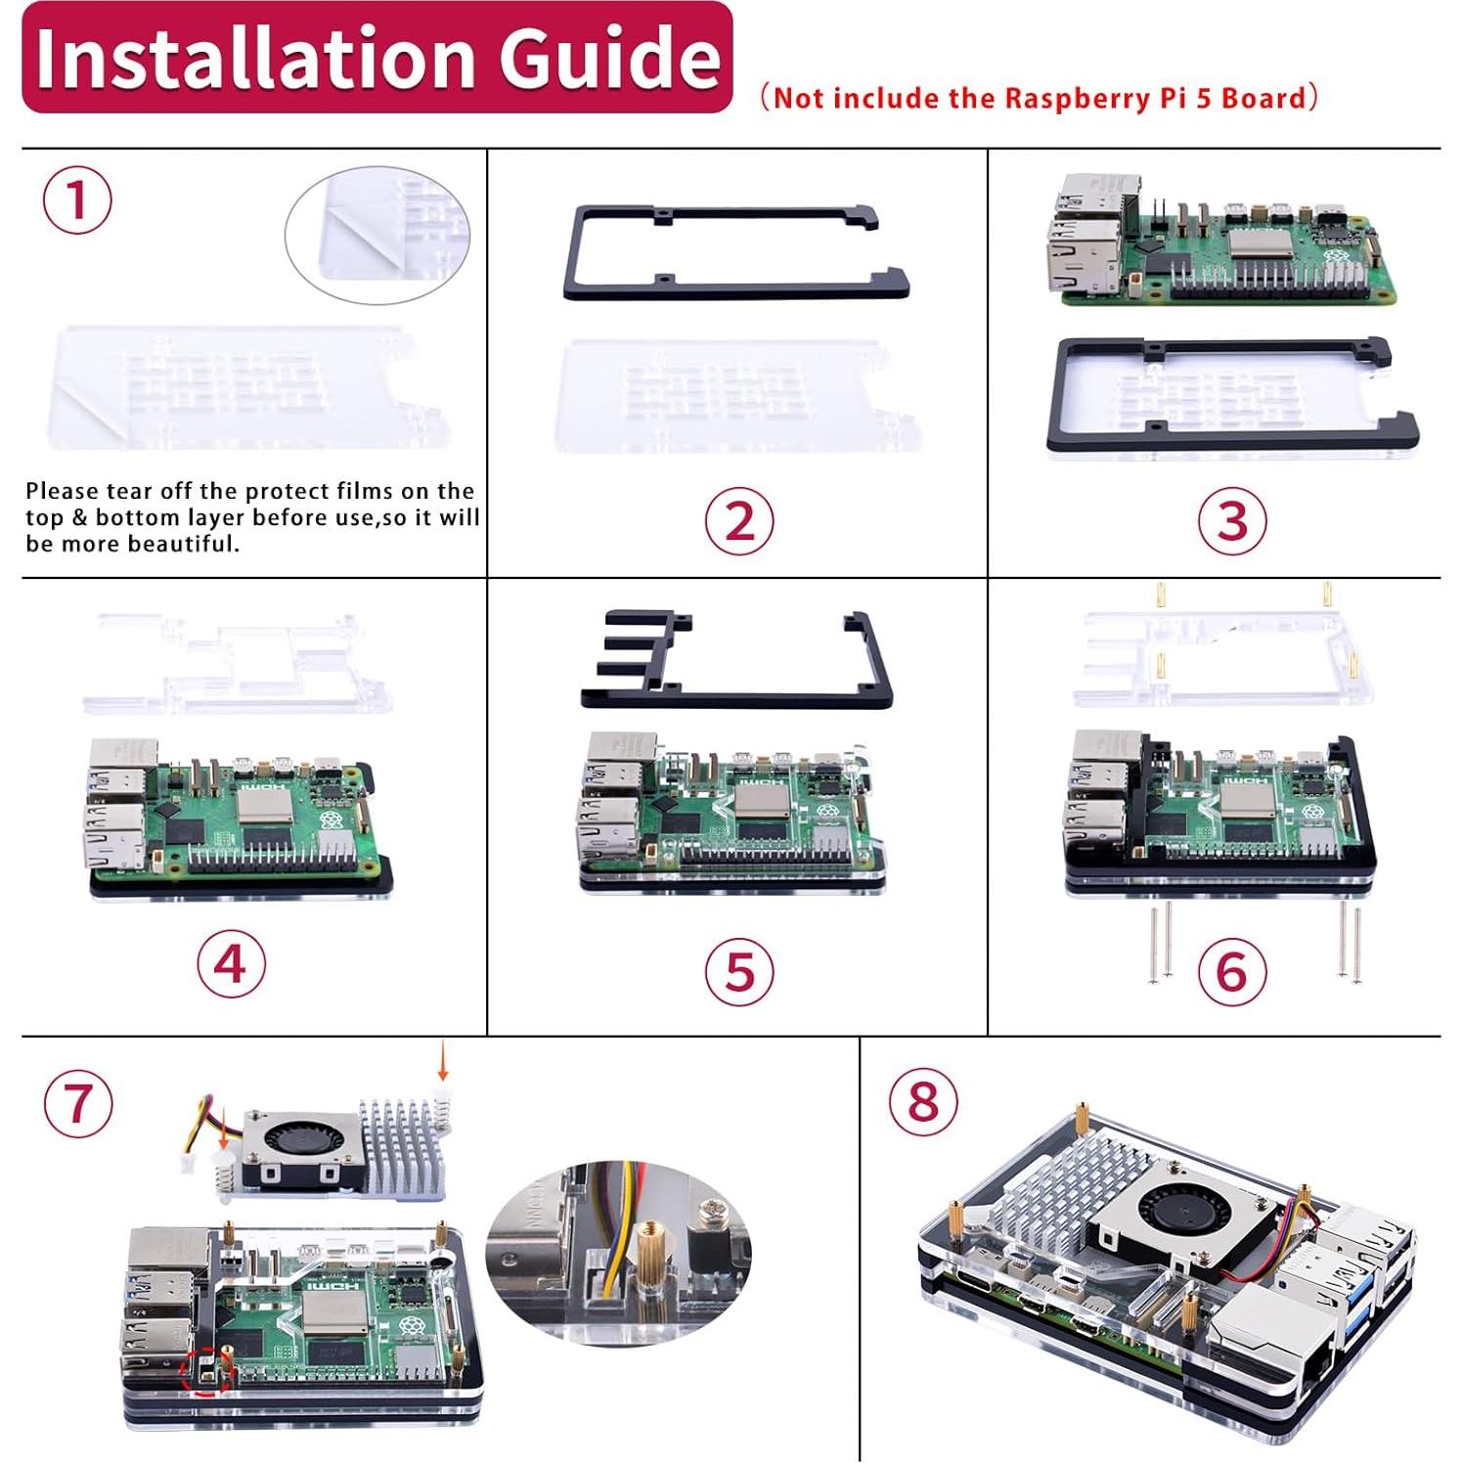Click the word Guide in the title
tap(611, 59)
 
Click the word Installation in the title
tap(258, 59)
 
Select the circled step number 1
tap(77, 199)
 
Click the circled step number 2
tap(739, 521)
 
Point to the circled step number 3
tap(1232, 521)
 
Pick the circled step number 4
tap(231, 964)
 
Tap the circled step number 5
tap(739, 971)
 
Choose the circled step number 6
tap(1232, 971)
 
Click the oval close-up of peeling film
tap(377, 235)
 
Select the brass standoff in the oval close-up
tap(650, 1262)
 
